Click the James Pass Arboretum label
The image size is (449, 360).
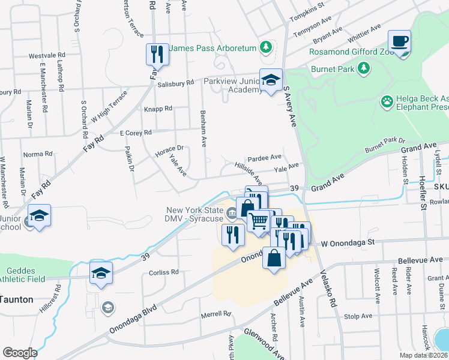213,47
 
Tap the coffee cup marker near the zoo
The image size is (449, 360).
399,42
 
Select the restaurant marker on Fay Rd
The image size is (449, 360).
157,55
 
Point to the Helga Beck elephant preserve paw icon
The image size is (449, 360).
387,102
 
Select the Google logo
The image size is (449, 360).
20,352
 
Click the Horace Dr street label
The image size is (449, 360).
169,148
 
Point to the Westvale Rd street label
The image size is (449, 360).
46,56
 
